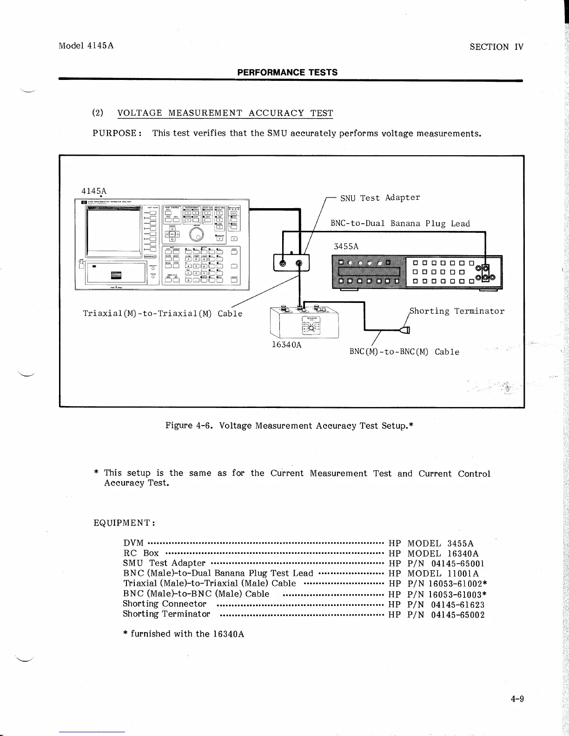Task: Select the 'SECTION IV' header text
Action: pyautogui.click(x=496, y=46)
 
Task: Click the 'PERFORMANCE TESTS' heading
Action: pyautogui.click(x=287, y=72)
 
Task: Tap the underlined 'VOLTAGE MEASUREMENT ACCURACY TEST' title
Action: pyautogui.click(x=225, y=113)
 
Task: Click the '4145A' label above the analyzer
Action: pyautogui.click(x=94, y=191)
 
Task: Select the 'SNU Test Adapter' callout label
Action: pyautogui.click(x=380, y=198)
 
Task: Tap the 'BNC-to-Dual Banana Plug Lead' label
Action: pyautogui.click(x=400, y=223)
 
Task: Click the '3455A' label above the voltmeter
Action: pyautogui.click(x=346, y=246)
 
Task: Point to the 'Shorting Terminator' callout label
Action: pyautogui.click(x=457, y=311)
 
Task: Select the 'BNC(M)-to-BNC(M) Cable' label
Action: pyautogui.click(x=404, y=352)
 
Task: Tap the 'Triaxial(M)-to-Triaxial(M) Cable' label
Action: pyautogui.click(x=162, y=314)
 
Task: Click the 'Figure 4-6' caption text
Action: pyautogui.click(x=289, y=425)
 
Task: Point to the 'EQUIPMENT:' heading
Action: pyautogui.click(x=124, y=523)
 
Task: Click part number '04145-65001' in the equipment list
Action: pyautogui.click(x=458, y=563)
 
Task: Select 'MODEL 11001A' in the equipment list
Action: pyautogui.click(x=443, y=573)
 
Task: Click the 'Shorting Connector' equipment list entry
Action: pyautogui.click(x=165, y=604)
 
